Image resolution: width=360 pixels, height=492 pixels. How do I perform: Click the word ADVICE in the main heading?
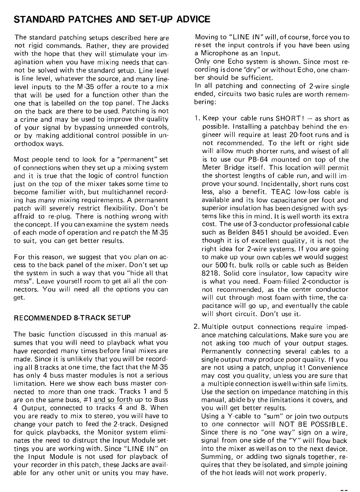click(193, 19)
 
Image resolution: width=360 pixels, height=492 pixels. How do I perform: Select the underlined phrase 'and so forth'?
click(110, 400)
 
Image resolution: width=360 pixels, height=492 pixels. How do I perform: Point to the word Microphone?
click(216, 54)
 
